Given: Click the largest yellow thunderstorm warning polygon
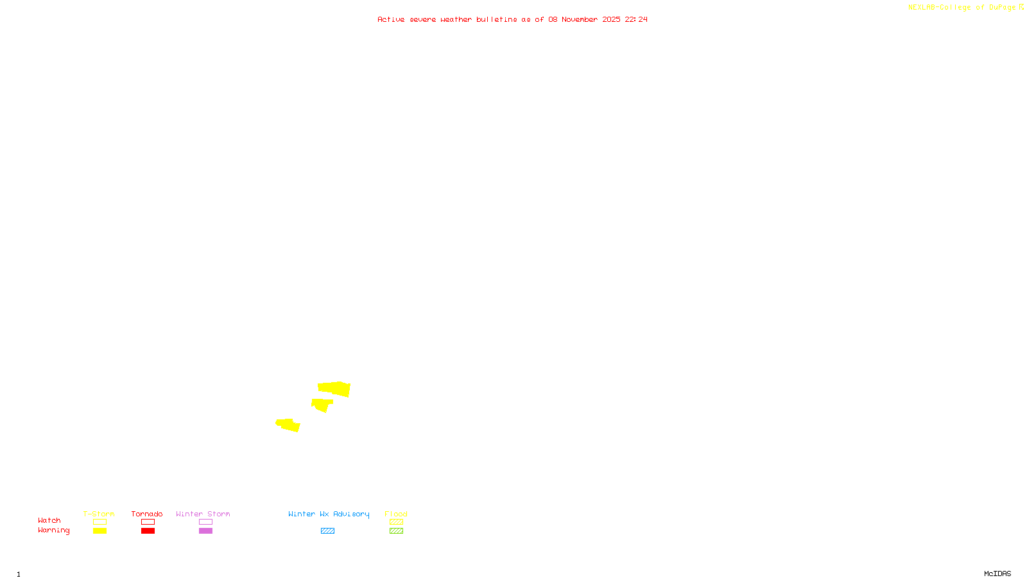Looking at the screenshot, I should [x=334, y=389].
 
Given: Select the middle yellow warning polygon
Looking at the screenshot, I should [x=321, y=405].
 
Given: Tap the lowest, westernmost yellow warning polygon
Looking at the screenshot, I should [x=288, y=425].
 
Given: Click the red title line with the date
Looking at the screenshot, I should [x=512, y=19].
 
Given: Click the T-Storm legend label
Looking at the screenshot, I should [x=99, y=514].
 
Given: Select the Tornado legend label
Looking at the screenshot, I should [x=147, y=514].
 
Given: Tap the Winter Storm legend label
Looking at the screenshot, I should [x=203, y=514].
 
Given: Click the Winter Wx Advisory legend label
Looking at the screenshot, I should [x=329, y=514].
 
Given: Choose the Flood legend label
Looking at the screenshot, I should [x=396, y=514].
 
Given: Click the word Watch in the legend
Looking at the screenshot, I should [x=49, y=520].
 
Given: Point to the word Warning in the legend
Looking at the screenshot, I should [x=54, y=530].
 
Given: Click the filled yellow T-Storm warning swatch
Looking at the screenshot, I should [x=99, y=531].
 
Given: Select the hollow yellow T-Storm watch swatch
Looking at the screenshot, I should [x=99, y=522].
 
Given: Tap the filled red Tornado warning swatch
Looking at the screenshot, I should [x=148, y=531].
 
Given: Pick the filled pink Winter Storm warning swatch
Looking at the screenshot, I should [x=205, y=531].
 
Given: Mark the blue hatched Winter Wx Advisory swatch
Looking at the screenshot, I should [x=327, y=531].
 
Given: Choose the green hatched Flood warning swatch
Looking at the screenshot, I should [x=396, y=531].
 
